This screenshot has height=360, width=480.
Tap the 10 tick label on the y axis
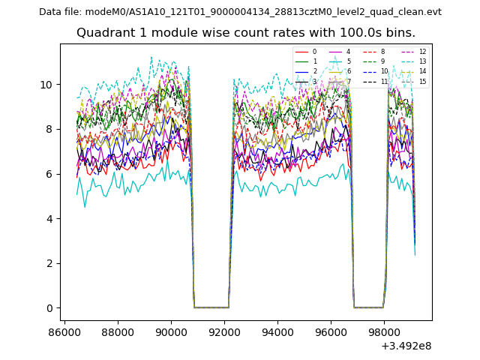tap(46, 85)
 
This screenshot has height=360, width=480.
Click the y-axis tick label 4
tap(49, 219)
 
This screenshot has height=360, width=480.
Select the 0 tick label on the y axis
tap(49, 308)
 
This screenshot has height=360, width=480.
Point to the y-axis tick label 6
tap(49, 174)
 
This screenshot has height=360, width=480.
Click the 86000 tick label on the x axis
tap(64, 331)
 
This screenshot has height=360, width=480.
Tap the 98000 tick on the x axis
tap(385, 331)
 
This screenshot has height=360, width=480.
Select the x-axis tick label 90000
tap(171, 331)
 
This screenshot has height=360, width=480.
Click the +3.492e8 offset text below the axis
tap(406, 346)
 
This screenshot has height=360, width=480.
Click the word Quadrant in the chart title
tap(103, 33)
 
